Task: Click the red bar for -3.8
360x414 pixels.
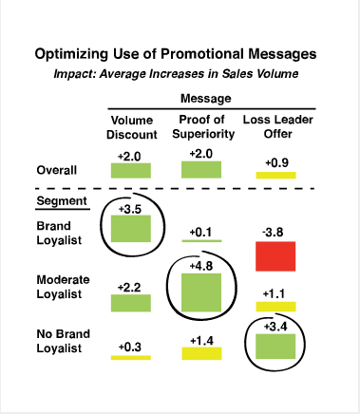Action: pyautogui.click(x=275, y=257)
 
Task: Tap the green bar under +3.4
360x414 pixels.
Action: pyautogui.click(x=275, y=348)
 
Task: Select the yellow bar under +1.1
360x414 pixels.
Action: pyautogui.click(x=275, y=306)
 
